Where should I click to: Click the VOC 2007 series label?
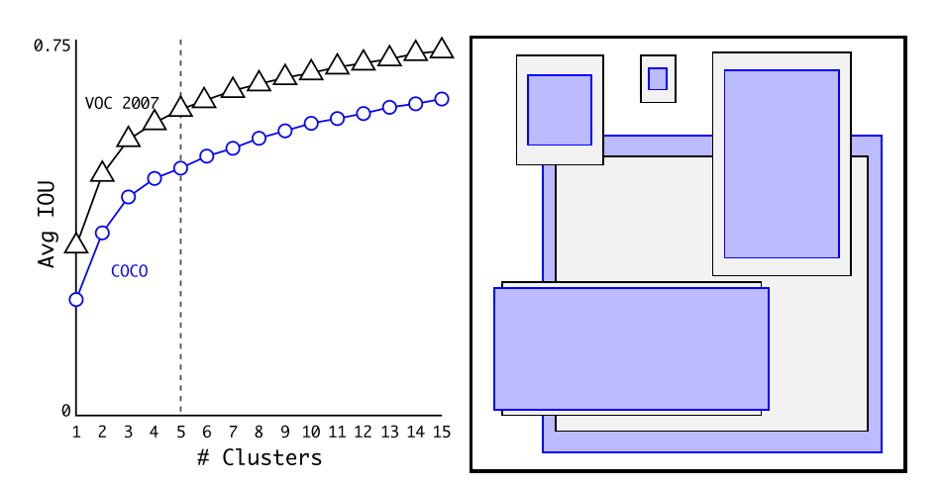click(121, 103)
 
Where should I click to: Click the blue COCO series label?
click(129, 270)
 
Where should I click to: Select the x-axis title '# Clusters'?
click(259, 457)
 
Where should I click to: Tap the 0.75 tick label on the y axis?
click(52, 46)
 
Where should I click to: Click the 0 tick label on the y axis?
click(65, 410)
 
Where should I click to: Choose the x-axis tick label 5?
click(180, 432)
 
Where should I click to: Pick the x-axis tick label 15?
click(442, 432)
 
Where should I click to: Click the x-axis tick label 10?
click(311, 432)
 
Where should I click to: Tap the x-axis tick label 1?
click(76, 432)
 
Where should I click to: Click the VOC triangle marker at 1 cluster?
click(76, 244)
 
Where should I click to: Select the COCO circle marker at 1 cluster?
click(76, 299)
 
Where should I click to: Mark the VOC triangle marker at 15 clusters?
click(442, 49)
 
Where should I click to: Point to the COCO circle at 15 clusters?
click(442, 99)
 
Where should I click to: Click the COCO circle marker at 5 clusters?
click(180, 168)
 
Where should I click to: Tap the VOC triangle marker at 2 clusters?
click(102, 172)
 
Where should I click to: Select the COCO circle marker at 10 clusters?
click(311, 123)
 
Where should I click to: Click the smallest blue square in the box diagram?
click(658, 78)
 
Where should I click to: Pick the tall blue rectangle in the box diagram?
click(782, 163)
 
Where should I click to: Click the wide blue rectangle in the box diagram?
click(631, 348)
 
